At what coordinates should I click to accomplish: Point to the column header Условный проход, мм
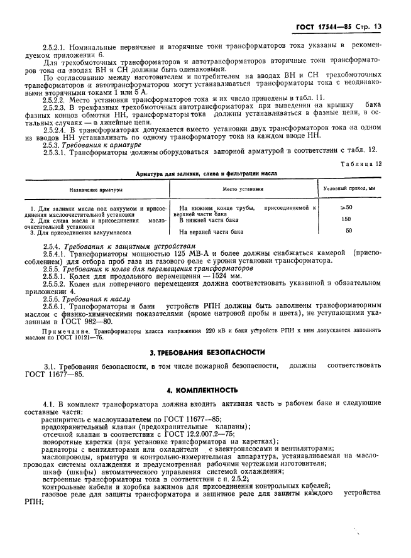tap(349, 189)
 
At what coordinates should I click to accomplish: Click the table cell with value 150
tap(346, 219)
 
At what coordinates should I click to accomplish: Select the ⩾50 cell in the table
tap(346, 207)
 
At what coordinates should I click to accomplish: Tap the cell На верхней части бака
tap(211, 231)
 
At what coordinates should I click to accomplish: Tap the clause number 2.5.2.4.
tap(55, 128)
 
